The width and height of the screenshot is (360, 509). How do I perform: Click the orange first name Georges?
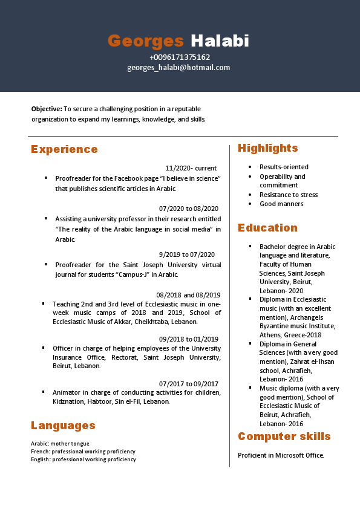[x=145, y=41]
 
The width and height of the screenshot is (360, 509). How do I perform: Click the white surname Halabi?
[x=220, y=41]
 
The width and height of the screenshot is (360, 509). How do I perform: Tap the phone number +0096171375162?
[x=180, y=57]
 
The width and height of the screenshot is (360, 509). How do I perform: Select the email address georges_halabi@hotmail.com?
[x=178, y=67]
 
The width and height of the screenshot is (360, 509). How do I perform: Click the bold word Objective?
[x=47, y=109]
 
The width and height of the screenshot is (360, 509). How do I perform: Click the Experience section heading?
[x=64, y=149]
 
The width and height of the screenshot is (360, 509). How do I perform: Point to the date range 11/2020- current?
[x=191, y=168]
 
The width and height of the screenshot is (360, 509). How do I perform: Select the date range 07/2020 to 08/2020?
[x=189, y=209]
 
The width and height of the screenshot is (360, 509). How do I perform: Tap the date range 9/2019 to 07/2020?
[x=186, y=254]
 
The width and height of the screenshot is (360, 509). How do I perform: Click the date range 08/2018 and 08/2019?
[x=188, y=295]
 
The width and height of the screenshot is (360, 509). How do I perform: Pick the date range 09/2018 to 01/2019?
[x=189, y=339]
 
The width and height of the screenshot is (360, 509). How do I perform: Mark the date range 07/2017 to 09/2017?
[x=189, y=383]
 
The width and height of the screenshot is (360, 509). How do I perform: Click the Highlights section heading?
[x=267, y=148]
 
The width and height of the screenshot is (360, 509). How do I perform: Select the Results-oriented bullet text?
[x=284, y=167]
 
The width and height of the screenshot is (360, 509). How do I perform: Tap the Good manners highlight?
[x=281, y=204]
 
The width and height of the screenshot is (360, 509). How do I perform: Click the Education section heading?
[x=267, y=228]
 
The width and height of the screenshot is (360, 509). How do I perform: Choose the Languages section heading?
[x=63, y=426]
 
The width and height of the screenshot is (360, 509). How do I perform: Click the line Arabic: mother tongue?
[x=60, y=444]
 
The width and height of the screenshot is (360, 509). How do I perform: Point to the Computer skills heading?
[x=284, y=436]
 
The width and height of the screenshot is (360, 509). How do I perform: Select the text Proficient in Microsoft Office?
[x=281, y=455]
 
